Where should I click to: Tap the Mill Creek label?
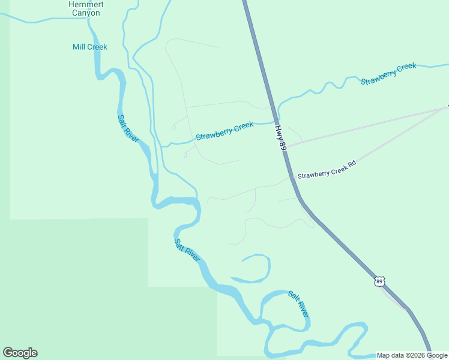(89, 47)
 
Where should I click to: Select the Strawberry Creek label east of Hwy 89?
(388, 74)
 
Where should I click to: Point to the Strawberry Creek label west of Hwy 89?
(224, 131)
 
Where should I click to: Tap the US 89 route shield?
(379, 281)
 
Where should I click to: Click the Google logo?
(20, 353)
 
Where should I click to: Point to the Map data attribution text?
(412, 355)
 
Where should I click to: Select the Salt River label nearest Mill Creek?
(128, 128)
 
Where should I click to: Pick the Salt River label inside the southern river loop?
(298, 304)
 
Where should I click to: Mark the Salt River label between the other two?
(187, 250)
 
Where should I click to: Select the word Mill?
(80, 47)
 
